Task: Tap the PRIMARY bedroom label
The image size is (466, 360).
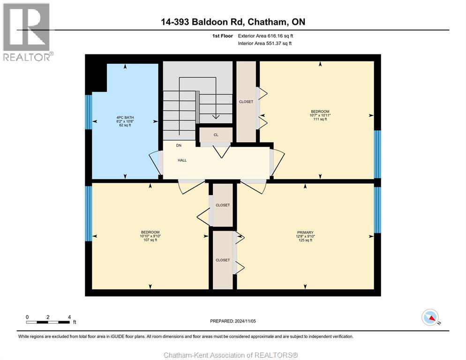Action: (305, 232)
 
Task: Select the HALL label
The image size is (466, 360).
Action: (182, 160)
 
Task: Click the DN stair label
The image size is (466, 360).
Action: (179, 145)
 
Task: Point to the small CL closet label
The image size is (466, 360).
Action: (216, 135)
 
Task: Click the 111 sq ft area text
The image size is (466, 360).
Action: (320, 120)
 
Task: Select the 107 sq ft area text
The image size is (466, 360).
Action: (150, 240)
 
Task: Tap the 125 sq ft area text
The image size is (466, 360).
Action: (305, 240)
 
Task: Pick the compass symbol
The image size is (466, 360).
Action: (430, 317)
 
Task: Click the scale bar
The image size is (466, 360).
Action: (48, 322)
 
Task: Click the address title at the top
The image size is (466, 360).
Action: (233, 22)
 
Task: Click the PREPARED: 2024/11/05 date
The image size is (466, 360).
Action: (233, 321)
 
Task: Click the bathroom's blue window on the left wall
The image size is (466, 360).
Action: (88, 112)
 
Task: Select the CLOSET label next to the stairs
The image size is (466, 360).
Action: (246, 102)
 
